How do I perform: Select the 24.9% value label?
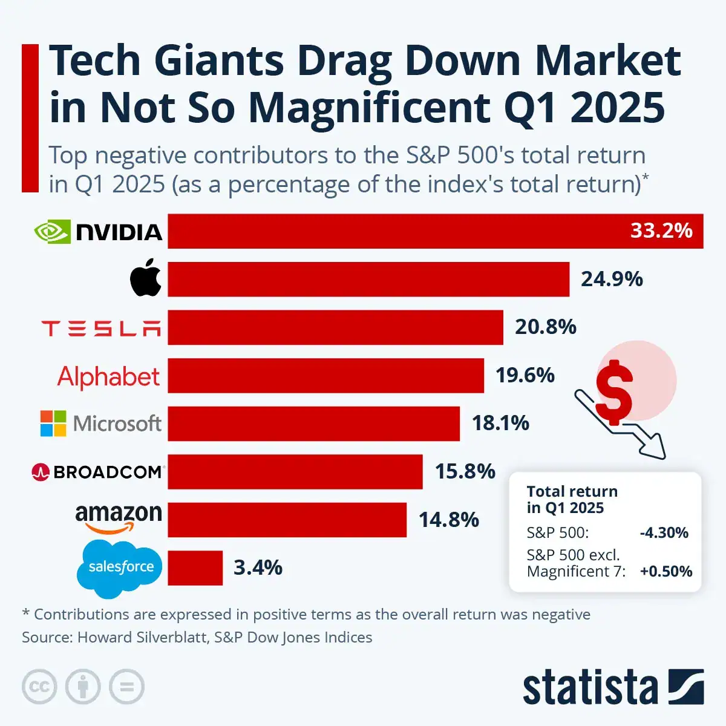612,279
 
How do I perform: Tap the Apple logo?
146,278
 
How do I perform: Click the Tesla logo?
101,328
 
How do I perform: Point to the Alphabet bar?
325,376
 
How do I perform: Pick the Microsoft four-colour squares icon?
53,423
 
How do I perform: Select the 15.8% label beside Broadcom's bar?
465,471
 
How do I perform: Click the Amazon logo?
119,518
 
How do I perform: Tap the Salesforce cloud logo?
120,567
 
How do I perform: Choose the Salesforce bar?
195,568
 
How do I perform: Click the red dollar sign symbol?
614,392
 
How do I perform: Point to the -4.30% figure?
664,533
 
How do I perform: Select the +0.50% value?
666,572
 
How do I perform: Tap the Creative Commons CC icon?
39,687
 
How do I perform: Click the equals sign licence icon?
126,687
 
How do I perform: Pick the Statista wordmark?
590,687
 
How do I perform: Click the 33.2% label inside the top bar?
661,231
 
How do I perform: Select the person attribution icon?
83,687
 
